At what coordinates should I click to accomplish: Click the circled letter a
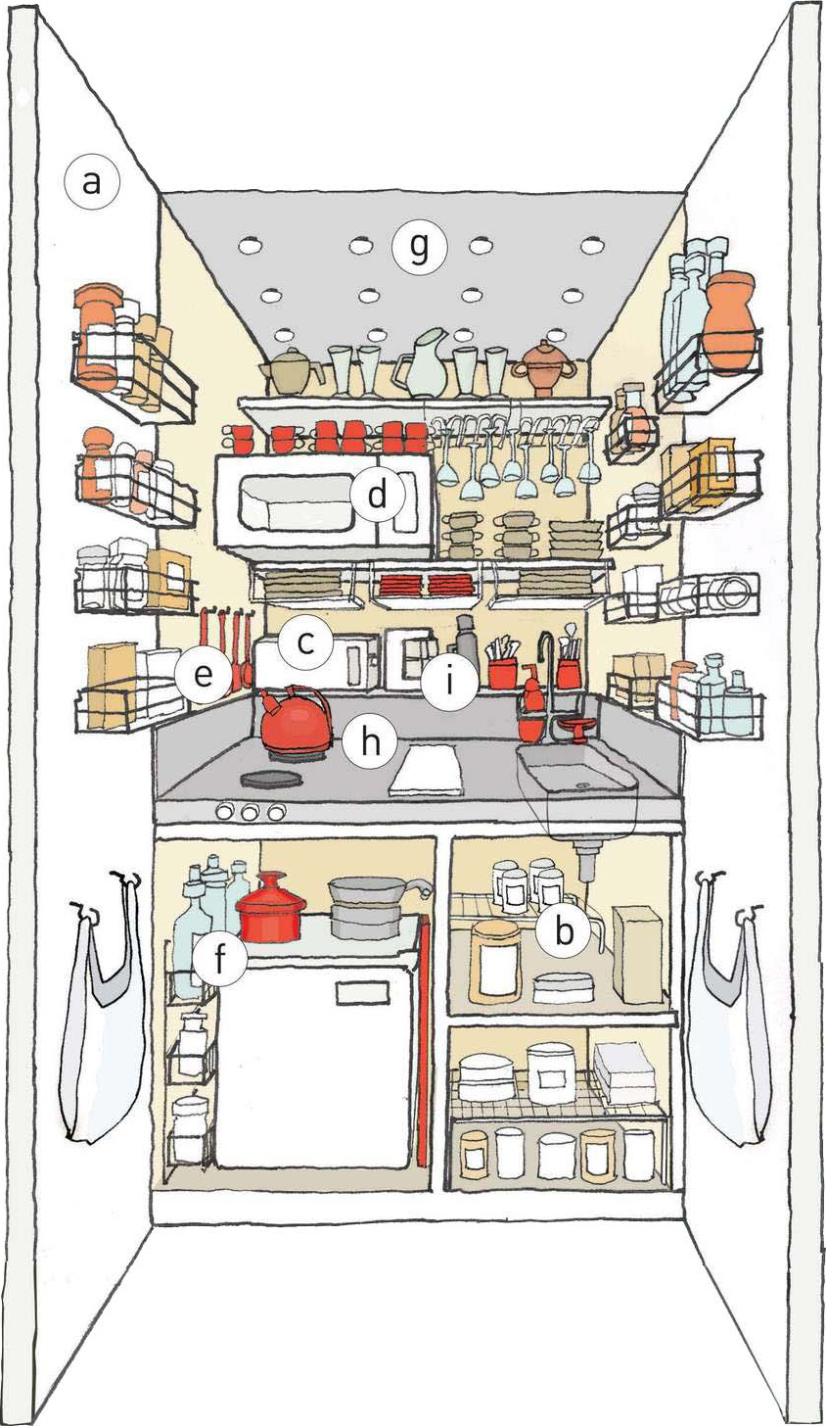tap(92, 182)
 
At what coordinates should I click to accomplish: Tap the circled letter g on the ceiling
tap(419, 248)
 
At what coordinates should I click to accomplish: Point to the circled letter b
tap(563, 931)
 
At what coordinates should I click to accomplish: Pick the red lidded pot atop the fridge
tap(270, 907)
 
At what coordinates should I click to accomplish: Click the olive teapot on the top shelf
tap(292, 370)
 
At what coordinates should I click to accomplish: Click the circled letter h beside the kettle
tap(369, 741)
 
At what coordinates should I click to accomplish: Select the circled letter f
tap(219, 960)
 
